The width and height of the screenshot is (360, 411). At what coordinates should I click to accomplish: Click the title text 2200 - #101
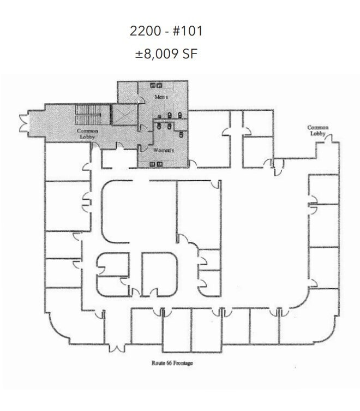166,31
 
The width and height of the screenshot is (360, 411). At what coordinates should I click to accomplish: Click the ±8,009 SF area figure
166,55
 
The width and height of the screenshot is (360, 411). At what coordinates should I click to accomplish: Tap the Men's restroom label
160,97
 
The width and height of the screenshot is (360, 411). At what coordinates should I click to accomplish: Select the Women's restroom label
164,150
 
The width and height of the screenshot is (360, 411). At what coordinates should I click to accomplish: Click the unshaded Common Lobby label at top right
317,130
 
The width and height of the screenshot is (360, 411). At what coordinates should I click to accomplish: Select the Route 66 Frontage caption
172,363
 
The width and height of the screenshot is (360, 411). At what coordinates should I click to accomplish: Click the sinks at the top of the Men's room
156,84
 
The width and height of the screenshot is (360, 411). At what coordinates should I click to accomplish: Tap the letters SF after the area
188,55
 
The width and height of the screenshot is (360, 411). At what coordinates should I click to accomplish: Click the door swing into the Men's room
141,98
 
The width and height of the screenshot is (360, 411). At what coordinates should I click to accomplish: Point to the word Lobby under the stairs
87,136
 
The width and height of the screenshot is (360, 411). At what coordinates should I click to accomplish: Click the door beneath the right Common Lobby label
329,140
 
